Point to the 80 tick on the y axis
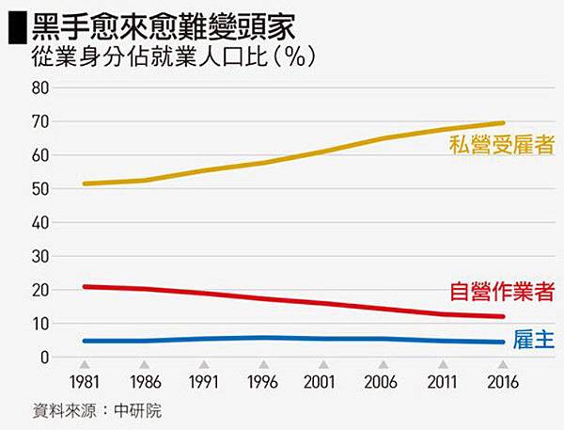[x=39, y=88]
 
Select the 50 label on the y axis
[x=39, y=188]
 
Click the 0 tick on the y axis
[x=43, y=358]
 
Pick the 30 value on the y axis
[x=39, y=256]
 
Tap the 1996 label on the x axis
[x=263, y=384]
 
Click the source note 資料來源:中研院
[x=90, y=412]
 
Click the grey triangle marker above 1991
[x=204, y=365]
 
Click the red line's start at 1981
[x=85, y=286]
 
